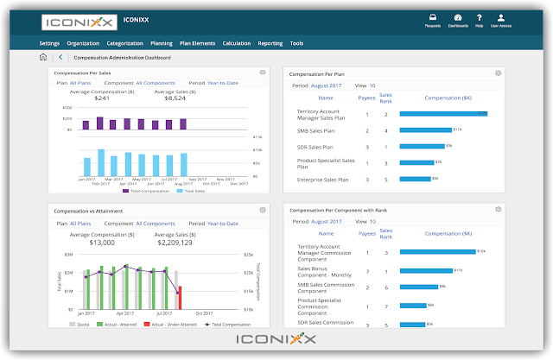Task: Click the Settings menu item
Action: [49, 42]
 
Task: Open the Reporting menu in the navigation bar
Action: [270, 42]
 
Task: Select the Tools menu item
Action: [296, 42]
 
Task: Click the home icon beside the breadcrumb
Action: [43, 58]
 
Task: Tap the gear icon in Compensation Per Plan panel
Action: [498, 73]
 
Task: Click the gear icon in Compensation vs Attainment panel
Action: [262, 210]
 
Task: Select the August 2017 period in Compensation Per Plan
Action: [327, 86]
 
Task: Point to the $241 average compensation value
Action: [102, 98]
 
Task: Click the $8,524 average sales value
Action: [175, 98]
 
